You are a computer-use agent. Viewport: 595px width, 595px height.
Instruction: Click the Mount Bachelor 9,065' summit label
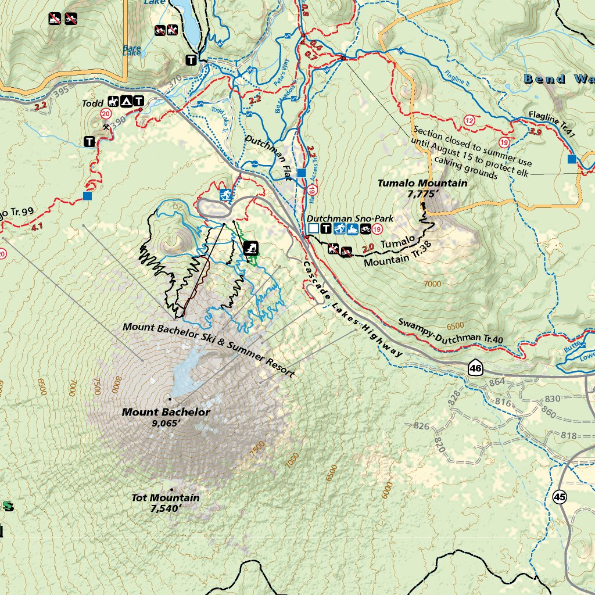(x=166, y=417)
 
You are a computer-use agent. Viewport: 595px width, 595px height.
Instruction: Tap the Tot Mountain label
(x=165, y=503)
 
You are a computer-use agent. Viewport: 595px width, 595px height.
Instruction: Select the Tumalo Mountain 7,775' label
(x=422, y=188)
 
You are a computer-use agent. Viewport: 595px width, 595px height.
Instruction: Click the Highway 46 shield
(x=475, y=368)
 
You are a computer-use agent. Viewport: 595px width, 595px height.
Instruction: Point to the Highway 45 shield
(x=560, y=497)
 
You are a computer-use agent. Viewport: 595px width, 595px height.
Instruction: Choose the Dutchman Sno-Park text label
(x=350, y=218)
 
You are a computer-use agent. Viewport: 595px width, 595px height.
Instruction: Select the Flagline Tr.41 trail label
(x=551, y=124)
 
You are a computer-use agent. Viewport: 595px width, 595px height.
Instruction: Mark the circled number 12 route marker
(x=469, y=120)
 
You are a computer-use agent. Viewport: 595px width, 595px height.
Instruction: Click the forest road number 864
(x=497, y=382)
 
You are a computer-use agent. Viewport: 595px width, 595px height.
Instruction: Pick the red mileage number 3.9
(x=537, y=132)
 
